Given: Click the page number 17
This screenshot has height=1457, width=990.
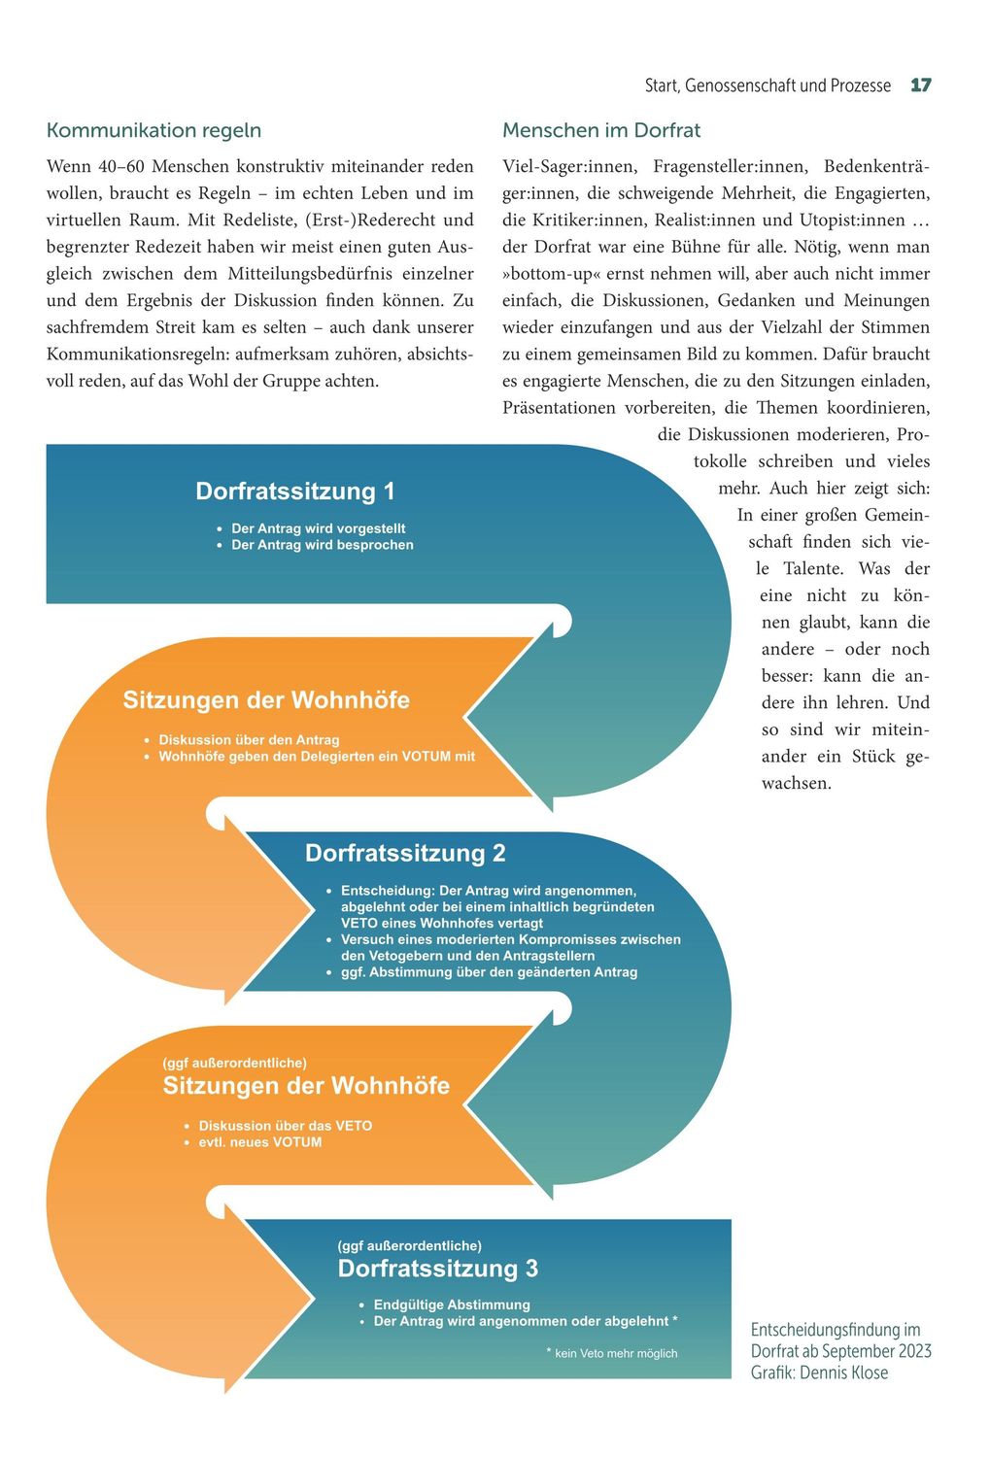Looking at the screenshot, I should click(920, 85).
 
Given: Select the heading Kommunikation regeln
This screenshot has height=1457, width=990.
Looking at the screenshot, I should click(154, 130).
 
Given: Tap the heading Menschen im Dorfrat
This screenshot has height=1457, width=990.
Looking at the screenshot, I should click(600, 130).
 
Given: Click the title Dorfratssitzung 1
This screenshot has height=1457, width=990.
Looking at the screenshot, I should click(295, 491).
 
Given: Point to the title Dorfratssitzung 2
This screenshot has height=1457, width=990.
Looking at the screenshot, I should click(405, 853).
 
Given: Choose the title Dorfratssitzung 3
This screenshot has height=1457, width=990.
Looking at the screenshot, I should click(437, 1269).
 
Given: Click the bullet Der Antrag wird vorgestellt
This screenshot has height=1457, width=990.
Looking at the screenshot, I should click(318, 528).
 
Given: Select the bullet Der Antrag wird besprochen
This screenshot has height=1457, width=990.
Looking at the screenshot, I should click(322, 545).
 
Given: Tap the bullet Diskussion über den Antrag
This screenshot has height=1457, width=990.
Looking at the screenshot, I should click(249, 740).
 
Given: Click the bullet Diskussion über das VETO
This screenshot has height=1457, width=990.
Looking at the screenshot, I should click(285, 1126).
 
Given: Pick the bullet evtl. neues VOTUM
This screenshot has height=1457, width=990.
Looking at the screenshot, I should click(259, 1142).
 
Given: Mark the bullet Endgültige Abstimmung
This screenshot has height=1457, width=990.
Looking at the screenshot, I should click(452, 1305).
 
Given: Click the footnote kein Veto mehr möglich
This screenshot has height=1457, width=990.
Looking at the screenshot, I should click(615, 1353).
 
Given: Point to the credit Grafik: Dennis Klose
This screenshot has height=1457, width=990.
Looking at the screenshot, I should click(819, 1372).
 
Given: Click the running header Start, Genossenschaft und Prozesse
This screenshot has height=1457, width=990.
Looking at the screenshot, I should click(768, 85).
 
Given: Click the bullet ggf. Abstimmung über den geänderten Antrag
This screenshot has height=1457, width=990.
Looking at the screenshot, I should click(489, 972).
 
